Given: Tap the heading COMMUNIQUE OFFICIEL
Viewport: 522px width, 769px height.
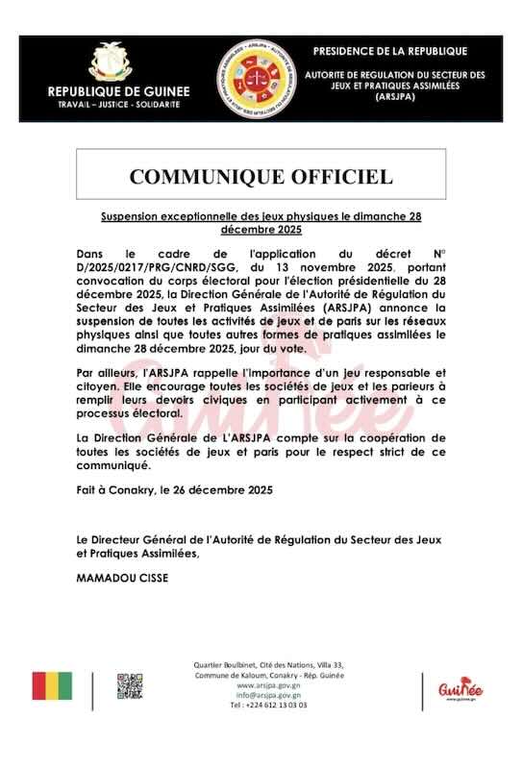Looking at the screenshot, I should pos(261,176).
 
